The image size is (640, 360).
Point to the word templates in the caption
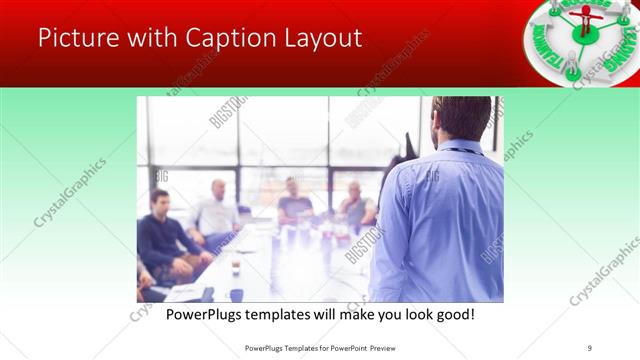[294, 315]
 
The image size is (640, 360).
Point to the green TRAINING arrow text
[616, 50]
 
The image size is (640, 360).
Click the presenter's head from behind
[462, 119]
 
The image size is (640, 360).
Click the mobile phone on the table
[206, 294]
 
